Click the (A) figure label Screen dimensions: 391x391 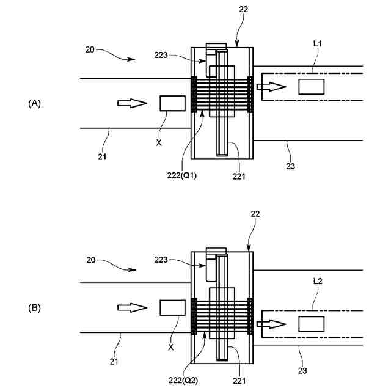(35, 104)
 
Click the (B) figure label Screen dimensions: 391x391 (35, 309)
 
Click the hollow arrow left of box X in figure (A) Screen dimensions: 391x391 (132, 103)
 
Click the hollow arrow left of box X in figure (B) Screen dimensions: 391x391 (132, 307)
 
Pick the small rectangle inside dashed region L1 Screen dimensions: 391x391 (310, 87)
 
